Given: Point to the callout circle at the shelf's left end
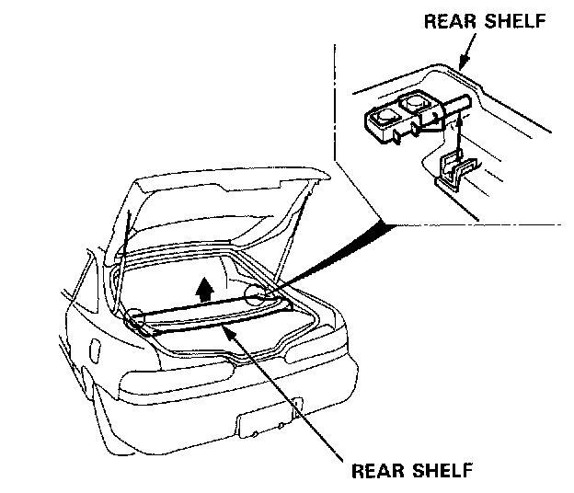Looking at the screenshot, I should [x=136, y=318].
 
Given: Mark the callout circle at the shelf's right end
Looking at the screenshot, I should [x=258, y=294].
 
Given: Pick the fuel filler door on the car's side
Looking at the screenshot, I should [x=95, y=352].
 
